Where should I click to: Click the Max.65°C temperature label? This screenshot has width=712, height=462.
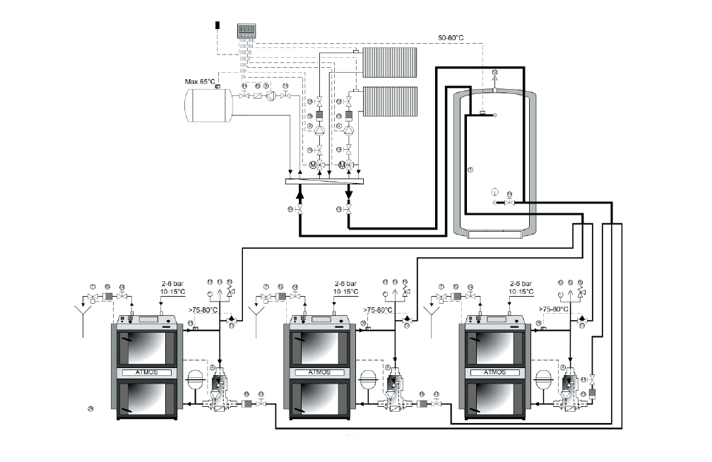tap(200, 81)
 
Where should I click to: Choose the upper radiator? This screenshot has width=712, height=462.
tap(390, 62)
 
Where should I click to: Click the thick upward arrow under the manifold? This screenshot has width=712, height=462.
tap(299, 191)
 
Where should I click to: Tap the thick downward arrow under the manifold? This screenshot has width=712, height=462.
tap(349, 191)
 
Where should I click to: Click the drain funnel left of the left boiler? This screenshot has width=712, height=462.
tap(84, 309)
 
